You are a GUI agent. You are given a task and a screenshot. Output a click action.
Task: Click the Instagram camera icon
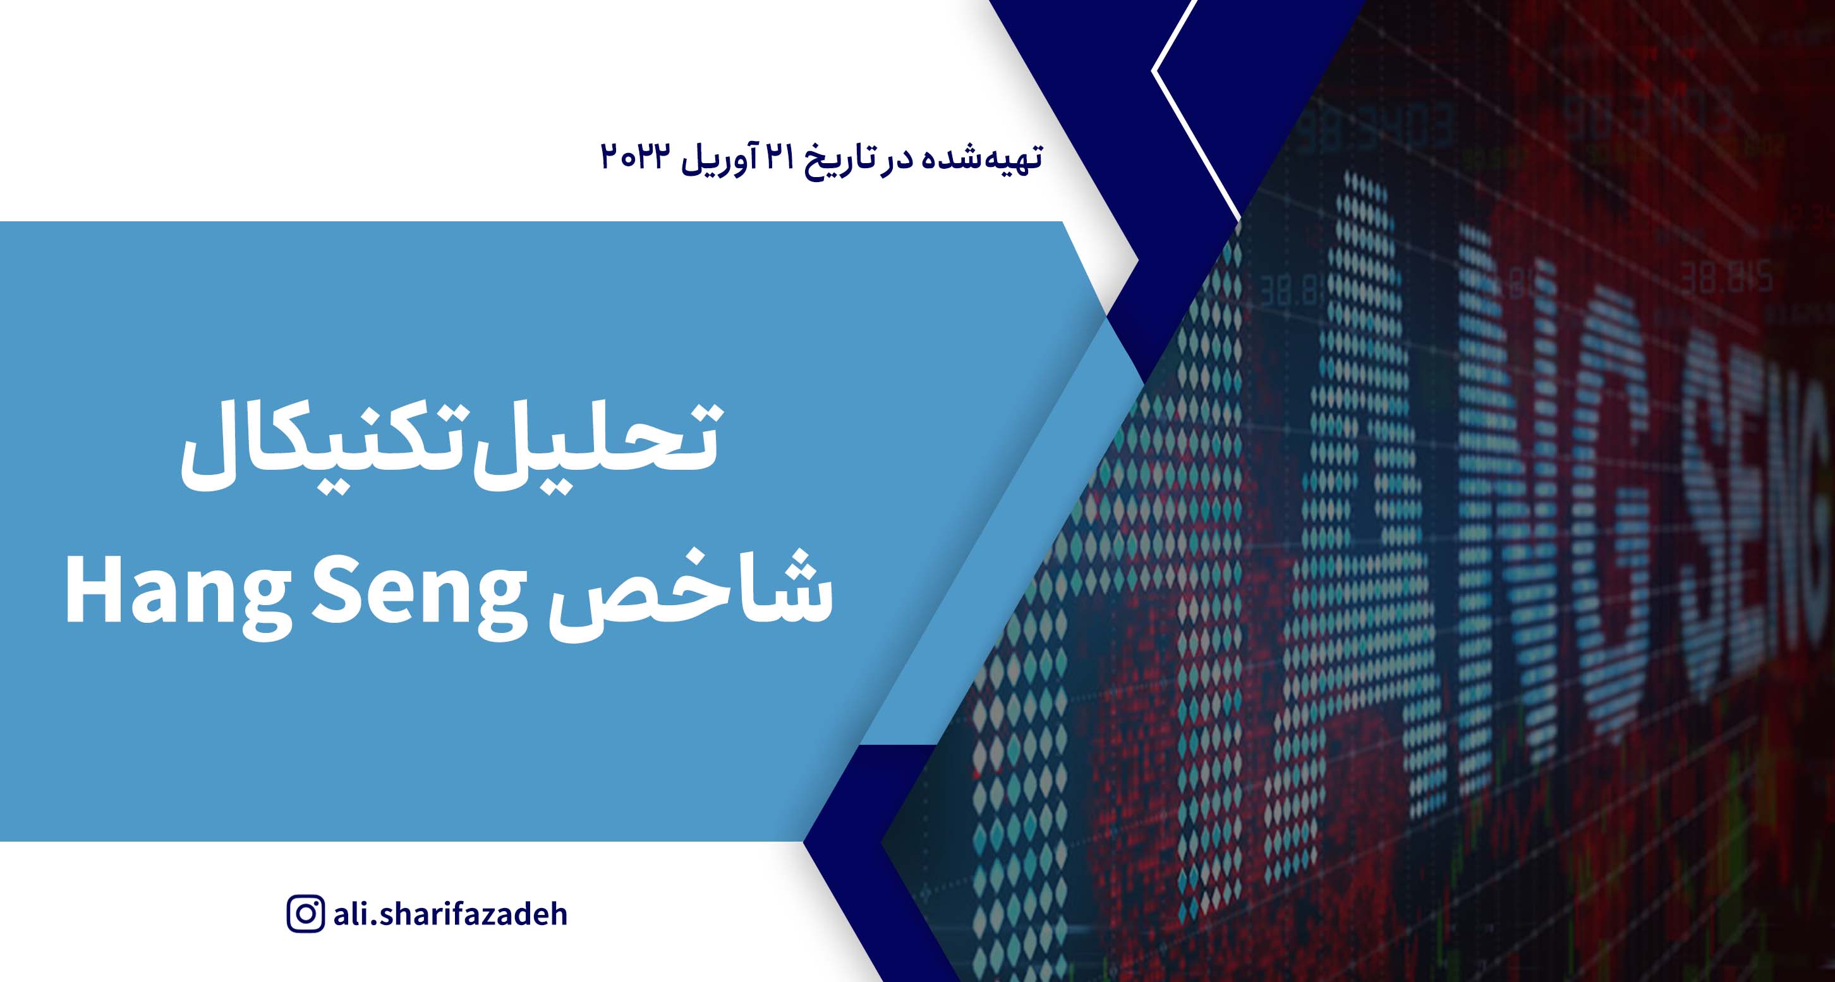point(306,914)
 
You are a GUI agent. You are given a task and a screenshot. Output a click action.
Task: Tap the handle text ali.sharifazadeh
point(450,914)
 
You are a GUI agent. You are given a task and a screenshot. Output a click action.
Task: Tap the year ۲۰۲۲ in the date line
point(636,157)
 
